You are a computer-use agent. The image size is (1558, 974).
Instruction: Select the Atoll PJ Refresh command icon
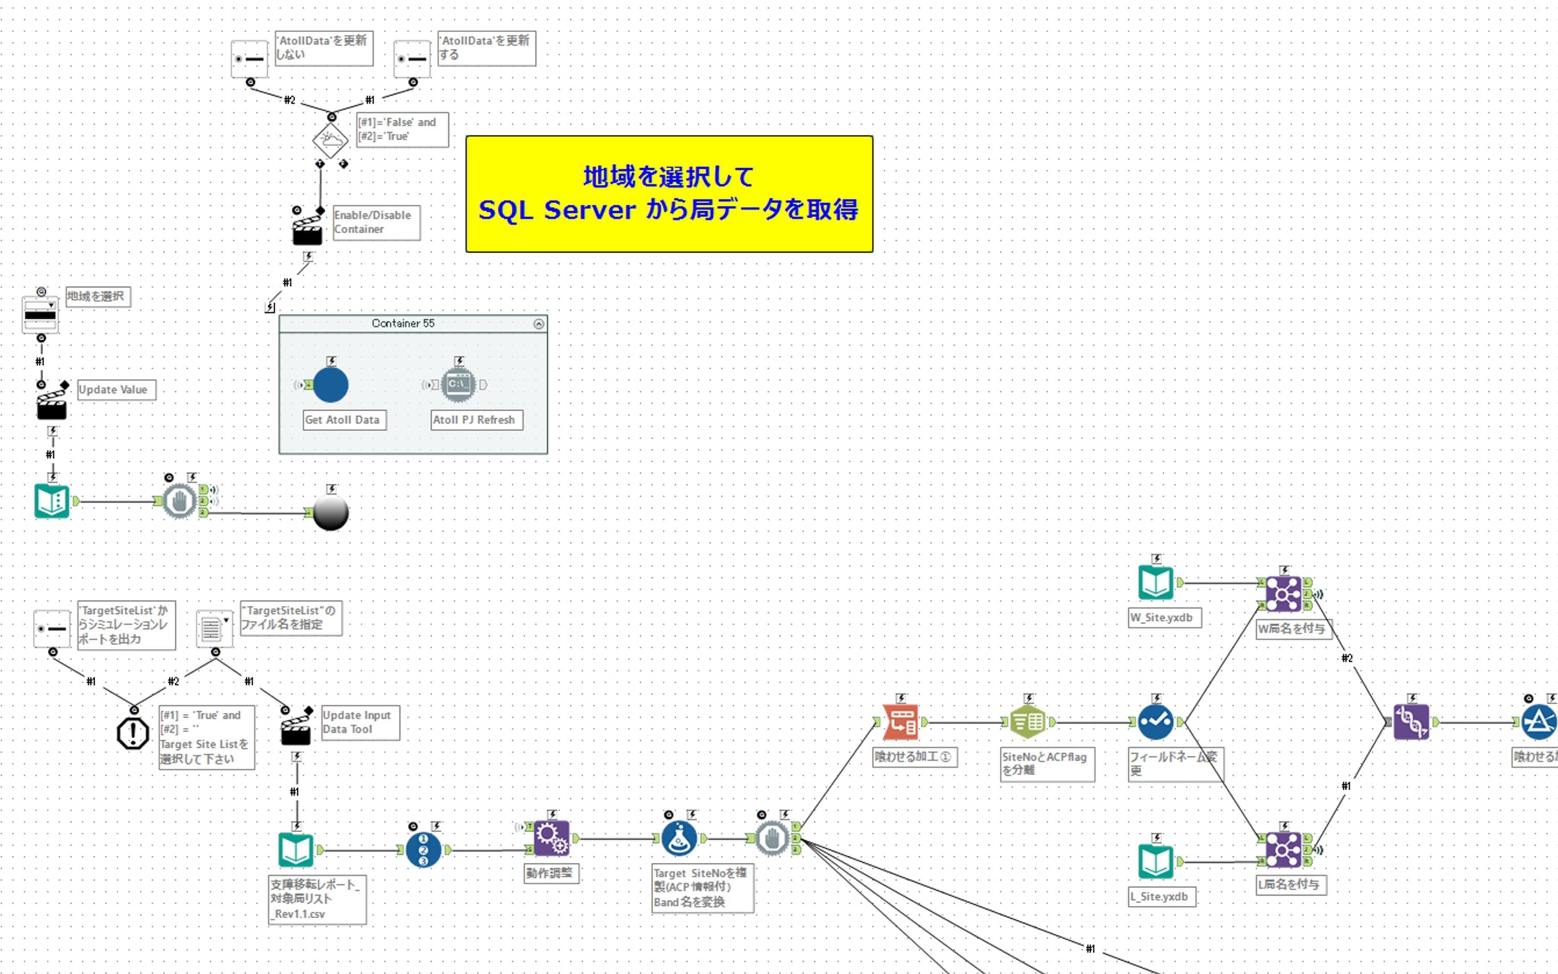(x=458, y=384)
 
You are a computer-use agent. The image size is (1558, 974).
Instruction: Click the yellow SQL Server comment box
(x=669, y=193)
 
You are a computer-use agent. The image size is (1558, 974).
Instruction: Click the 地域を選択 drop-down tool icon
(x=40, y=314)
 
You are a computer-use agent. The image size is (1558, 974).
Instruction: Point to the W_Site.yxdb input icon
(x=1156, y=582)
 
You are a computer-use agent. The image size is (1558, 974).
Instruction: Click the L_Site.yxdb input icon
(x=1156, y=861)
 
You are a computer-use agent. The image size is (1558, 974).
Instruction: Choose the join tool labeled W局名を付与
(x=1284, y=593)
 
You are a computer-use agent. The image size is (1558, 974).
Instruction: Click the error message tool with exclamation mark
(x=133, y=733)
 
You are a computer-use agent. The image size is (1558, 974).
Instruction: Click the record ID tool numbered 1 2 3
(x=423, y=850)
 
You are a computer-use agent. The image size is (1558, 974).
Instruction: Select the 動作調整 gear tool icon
(x=551, y=838)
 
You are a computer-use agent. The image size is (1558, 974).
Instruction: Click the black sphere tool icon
(x=331, y=513)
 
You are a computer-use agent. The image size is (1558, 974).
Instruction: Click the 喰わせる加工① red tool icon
(x=901, y=722)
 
